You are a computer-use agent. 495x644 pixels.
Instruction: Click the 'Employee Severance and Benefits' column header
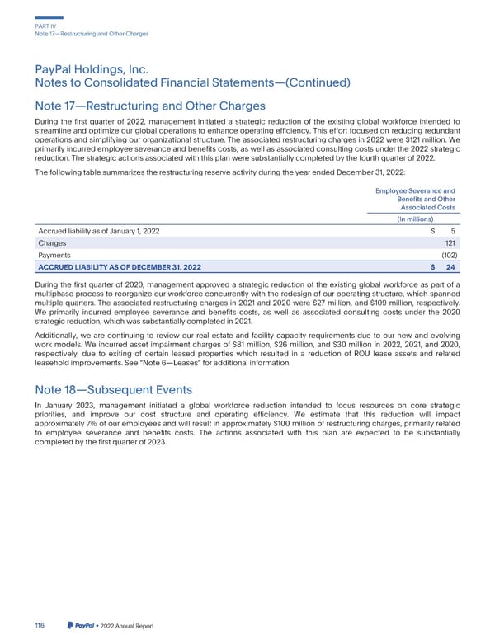416,199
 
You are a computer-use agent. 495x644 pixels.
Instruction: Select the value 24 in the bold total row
450,268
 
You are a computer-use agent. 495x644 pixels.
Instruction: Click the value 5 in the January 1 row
454,231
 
